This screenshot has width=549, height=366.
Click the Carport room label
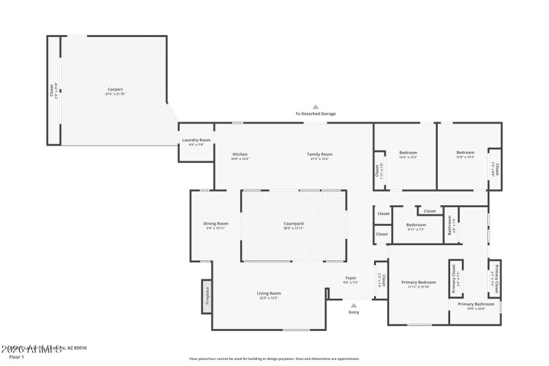(115, 89)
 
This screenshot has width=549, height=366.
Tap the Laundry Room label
(196, 140)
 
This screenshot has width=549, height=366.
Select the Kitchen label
(240, 154)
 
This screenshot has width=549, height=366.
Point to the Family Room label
(319, 154)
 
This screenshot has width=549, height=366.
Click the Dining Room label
(215, 224)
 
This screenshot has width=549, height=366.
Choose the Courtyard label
(294, 224)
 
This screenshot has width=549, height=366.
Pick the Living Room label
(269, 293)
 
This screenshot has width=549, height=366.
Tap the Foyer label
(350, 278)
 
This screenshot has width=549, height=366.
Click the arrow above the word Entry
(353, 305)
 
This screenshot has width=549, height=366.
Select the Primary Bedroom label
(419, 282)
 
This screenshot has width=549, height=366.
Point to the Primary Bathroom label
(476, 304)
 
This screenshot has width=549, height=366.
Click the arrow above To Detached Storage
(316, 106)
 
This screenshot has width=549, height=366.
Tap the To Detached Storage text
(316, 113)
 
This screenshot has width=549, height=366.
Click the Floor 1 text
(16, 357)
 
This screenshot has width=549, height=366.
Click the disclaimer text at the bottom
(274, 358)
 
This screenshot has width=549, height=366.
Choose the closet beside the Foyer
(382, 279)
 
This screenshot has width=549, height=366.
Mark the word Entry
(353, 312)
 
